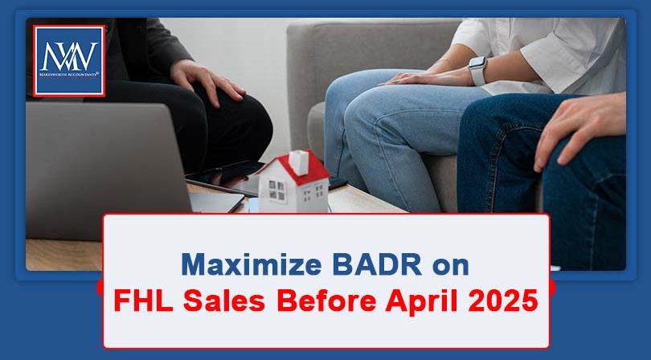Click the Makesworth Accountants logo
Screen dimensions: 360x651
click(68, 61)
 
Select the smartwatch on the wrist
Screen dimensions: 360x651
click(477, 71)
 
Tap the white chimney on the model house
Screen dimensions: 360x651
click(298, 160)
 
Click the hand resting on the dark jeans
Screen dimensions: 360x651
click(575, 129)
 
